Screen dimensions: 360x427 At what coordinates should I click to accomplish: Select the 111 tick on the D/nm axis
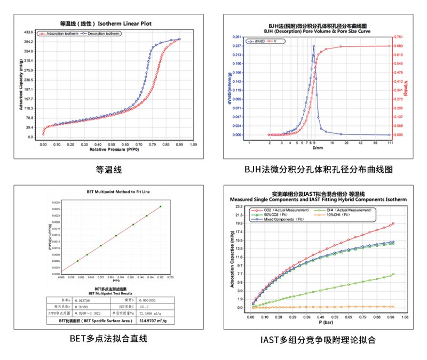390,143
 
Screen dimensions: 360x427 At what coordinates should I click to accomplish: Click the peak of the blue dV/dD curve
314,46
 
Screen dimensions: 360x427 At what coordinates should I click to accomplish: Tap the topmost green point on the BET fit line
160,206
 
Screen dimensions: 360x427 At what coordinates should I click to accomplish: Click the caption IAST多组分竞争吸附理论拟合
319,339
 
